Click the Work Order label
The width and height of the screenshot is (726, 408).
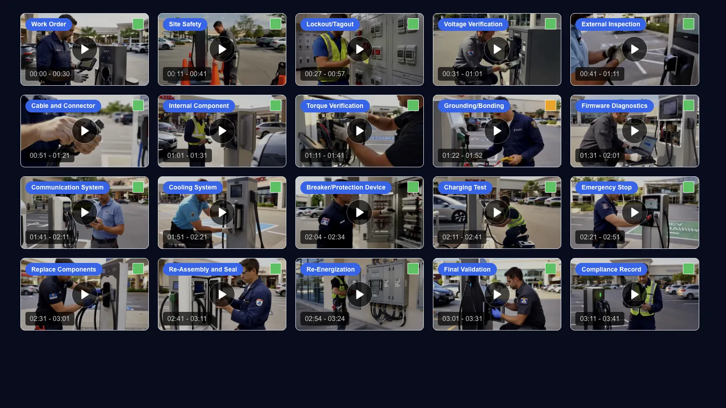pyautogui.click(x=49, y=24)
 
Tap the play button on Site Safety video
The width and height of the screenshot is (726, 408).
pyautogui.click(x=222, y=49)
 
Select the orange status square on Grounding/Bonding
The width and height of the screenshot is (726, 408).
pyautogui.click(x=550, y=105)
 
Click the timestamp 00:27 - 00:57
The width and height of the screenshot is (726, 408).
pyautogui.click(x=325, y=74)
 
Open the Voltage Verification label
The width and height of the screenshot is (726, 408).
pyautogui.click(x=473, y=24)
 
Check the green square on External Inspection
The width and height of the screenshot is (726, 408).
pyautogui.click(x=688, y=24)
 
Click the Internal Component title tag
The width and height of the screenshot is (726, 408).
pyautogui.click(x=199, y=106)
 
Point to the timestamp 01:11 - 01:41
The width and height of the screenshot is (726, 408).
pyautogui.click(x=324, y=155)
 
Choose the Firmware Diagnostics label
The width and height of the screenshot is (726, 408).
pyautogui.click(x=614, y=106)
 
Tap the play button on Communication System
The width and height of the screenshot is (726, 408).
pyautogui.click(x=84, y=213)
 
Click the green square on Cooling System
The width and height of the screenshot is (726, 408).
pyautogui.click(x=275, y=187)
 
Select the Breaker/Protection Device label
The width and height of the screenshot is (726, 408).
pyautogui.click(x=346, y=188)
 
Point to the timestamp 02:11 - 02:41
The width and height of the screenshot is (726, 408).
pyautogui.click(x=462, y=237)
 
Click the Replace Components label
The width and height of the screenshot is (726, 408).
pyautogui.click(x=64, y=269)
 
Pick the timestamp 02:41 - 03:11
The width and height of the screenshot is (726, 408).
pyautogui.click(x=186, y=319)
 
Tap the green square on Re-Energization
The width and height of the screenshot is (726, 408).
pyautogui.click(x=413, y=268)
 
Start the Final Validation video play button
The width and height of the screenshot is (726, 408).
pyautogui.click(x=497, y=294)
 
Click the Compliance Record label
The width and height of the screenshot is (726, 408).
pyautogui.click(x=611, y=269)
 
